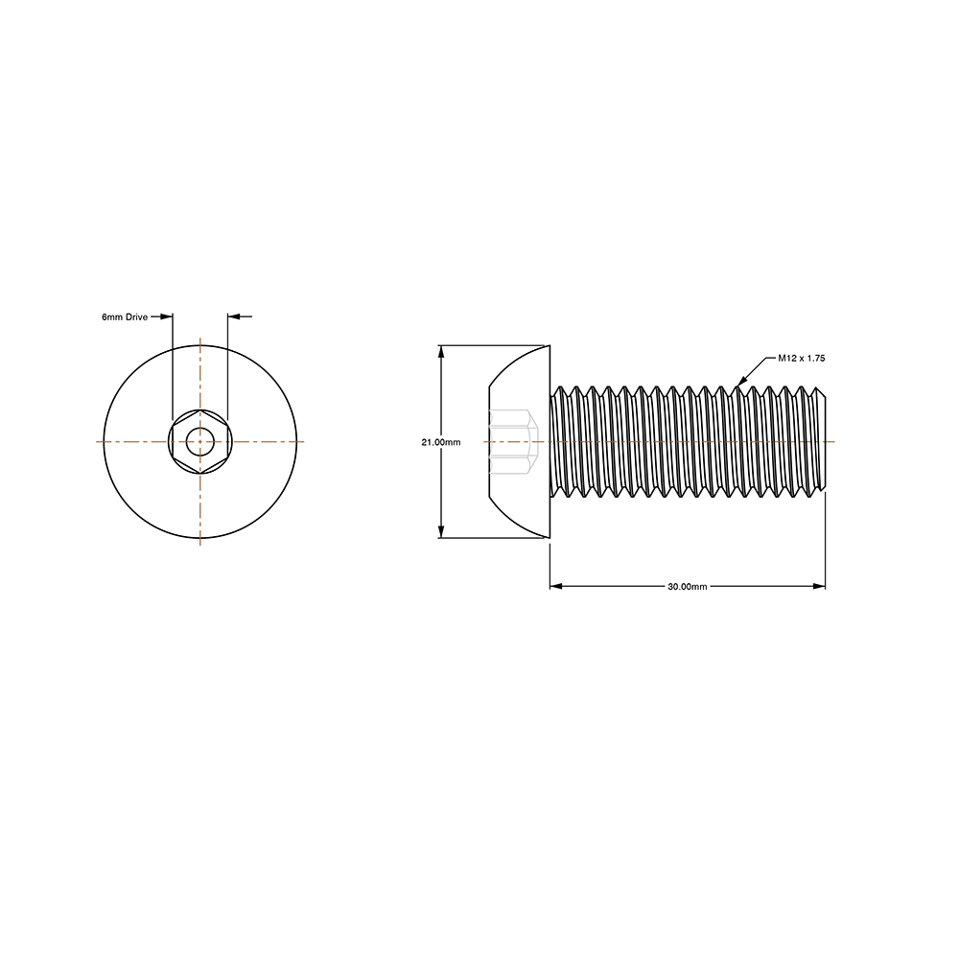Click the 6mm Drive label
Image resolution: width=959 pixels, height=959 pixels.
pos(125,316)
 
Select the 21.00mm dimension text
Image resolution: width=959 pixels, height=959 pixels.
pos(441,442)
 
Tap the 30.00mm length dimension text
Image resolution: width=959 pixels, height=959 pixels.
pos(688,587)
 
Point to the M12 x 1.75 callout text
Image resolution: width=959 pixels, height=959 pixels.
pos(801,358)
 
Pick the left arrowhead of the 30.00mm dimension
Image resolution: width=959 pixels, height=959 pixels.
pos(556,586)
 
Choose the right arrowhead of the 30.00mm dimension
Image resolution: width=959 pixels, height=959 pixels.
pos(819,586)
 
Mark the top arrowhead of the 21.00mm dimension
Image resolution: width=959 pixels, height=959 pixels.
pos(440,352)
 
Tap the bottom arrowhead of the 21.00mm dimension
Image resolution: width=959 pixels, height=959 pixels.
pos(440,531)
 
